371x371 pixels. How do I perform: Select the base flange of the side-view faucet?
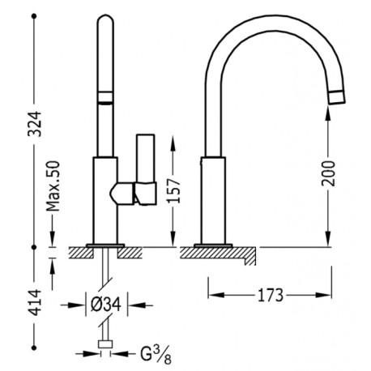[x=213, y=242]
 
